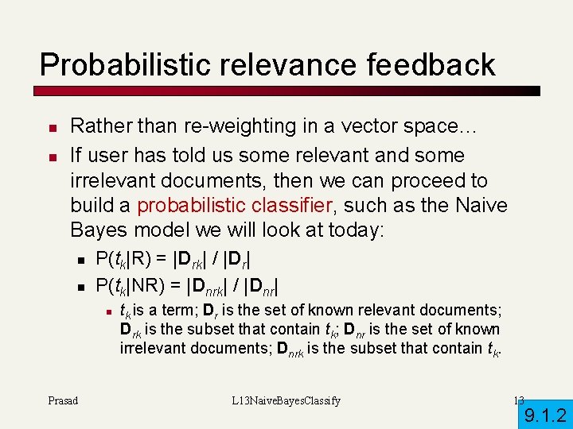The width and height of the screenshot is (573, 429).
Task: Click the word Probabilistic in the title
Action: tap(119, 64)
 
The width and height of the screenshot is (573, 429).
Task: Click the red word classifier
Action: tap(280, 205)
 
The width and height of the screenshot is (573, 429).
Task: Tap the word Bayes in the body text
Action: tap(97, 231)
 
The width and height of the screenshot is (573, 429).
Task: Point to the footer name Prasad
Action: tap(63, 400)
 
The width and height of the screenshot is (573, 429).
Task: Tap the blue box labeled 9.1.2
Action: tap(545, 414)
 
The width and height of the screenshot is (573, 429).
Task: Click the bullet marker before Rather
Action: tap(50, 127)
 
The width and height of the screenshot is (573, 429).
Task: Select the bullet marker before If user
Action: tap(50, 156)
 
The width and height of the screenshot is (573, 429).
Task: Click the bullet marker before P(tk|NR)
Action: tap(81, 284)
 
